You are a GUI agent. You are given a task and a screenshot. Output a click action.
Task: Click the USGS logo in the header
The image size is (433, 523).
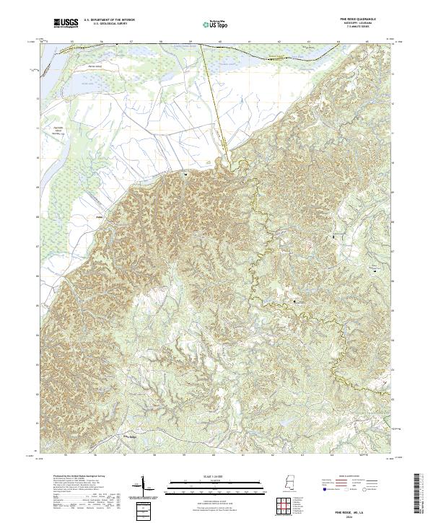point(67,24)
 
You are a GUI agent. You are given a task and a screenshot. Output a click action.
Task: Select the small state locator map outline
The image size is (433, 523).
point(291,484)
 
